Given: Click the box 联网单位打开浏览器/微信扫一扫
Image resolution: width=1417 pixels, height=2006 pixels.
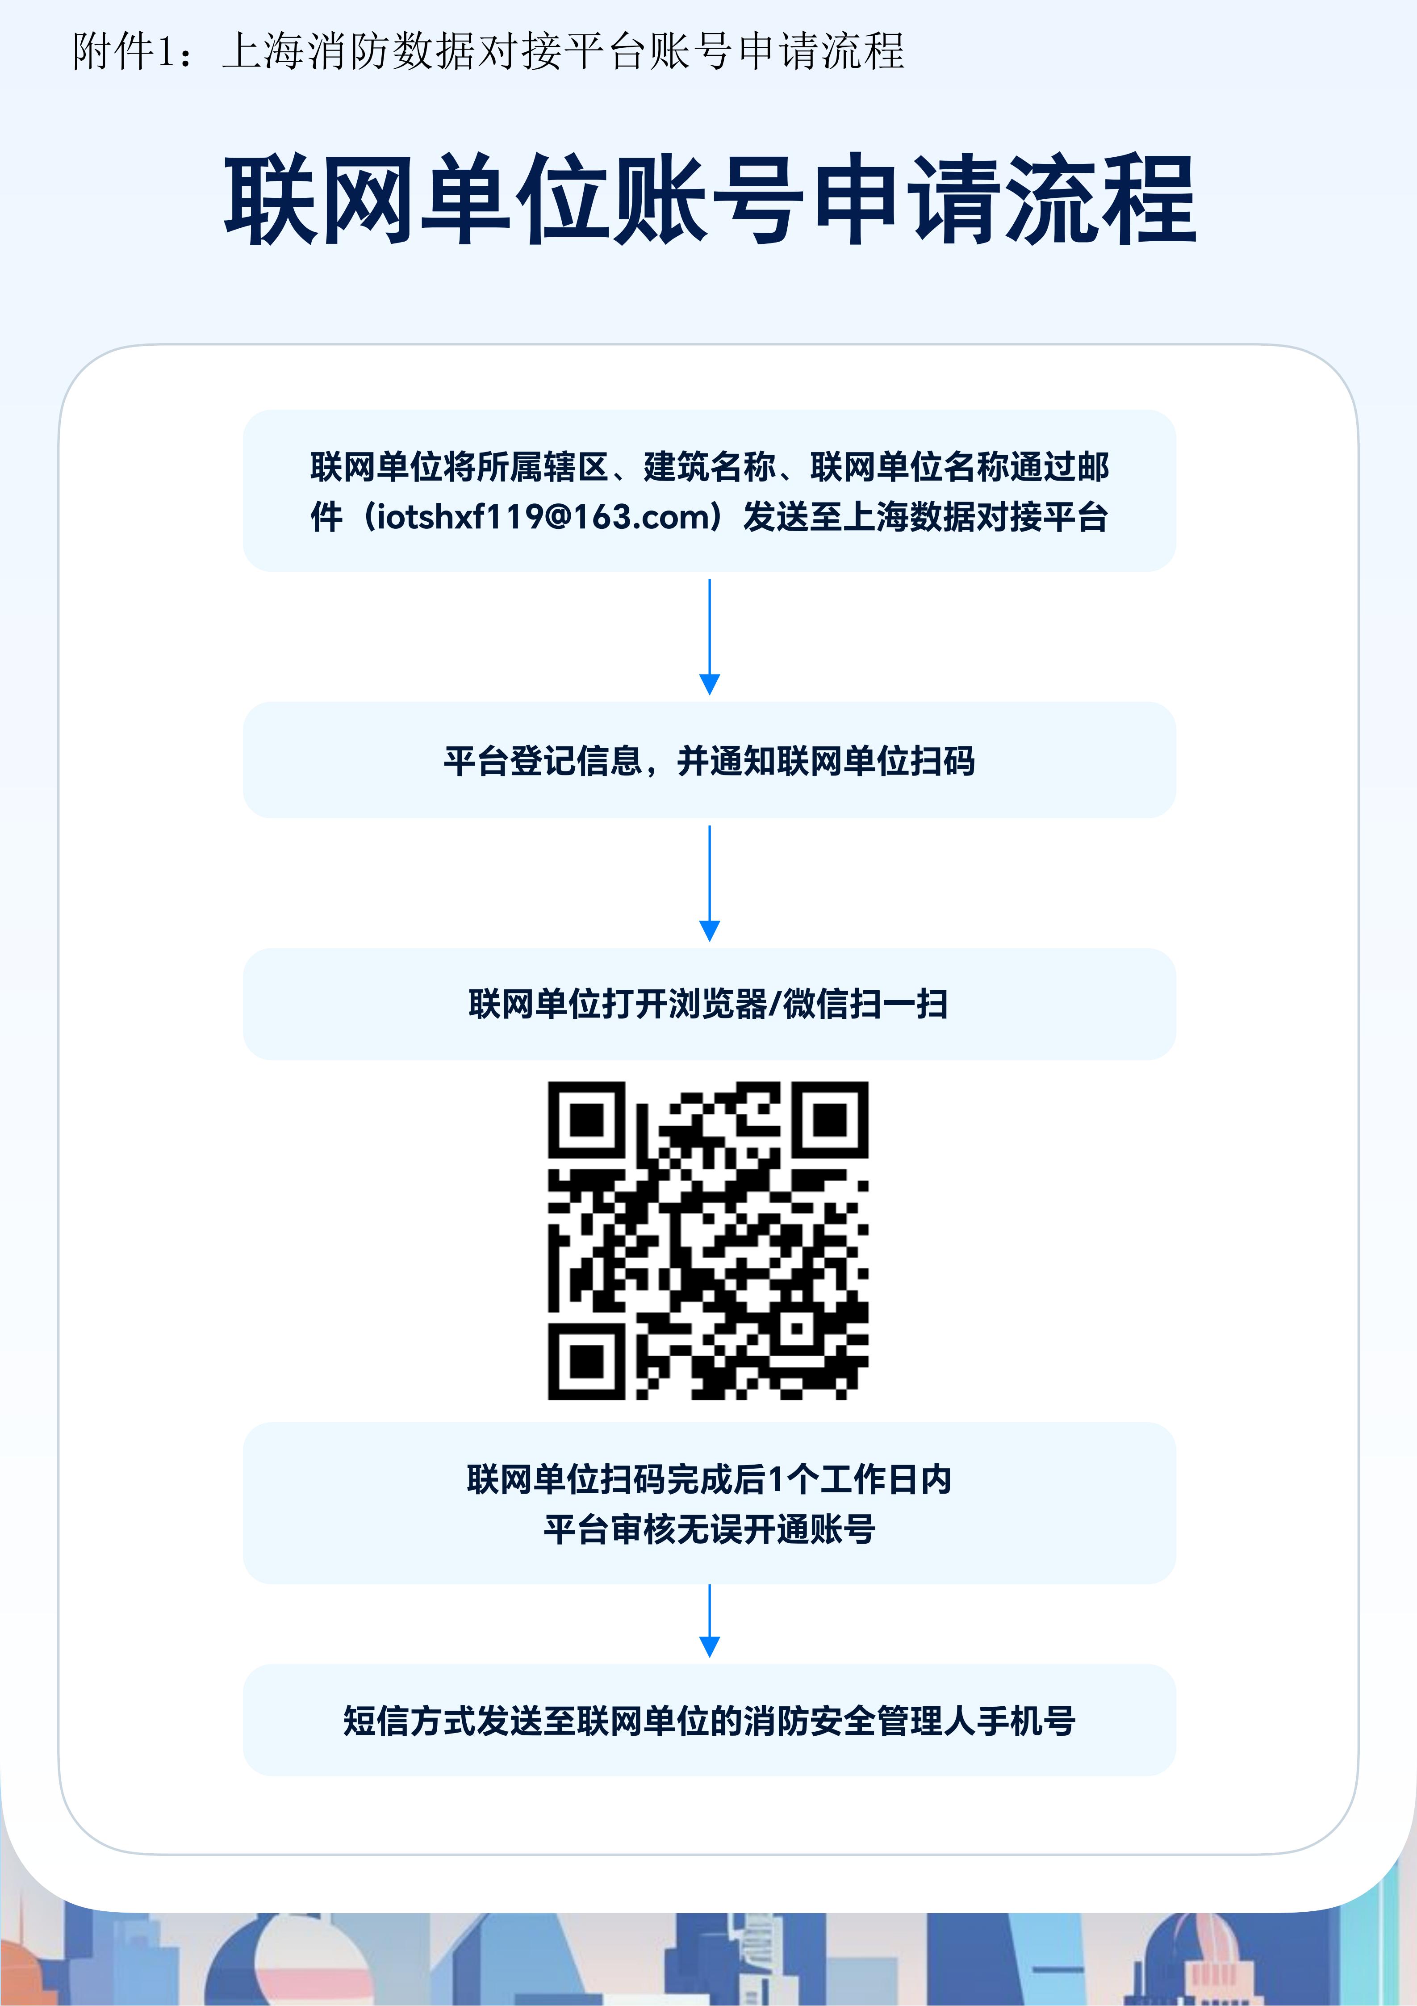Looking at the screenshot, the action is point(709,1004).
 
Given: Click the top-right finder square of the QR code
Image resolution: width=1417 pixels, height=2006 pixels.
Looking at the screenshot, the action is point(830,1120).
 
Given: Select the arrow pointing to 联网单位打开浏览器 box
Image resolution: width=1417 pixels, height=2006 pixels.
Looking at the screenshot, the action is point(709,884).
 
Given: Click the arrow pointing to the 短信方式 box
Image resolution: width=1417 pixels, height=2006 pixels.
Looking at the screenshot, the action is point(709,1621).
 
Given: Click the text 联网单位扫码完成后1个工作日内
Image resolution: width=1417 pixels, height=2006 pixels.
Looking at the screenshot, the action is point(709,1479).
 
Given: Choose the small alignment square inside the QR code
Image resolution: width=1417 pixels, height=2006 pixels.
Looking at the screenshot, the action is point(797,1328).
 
